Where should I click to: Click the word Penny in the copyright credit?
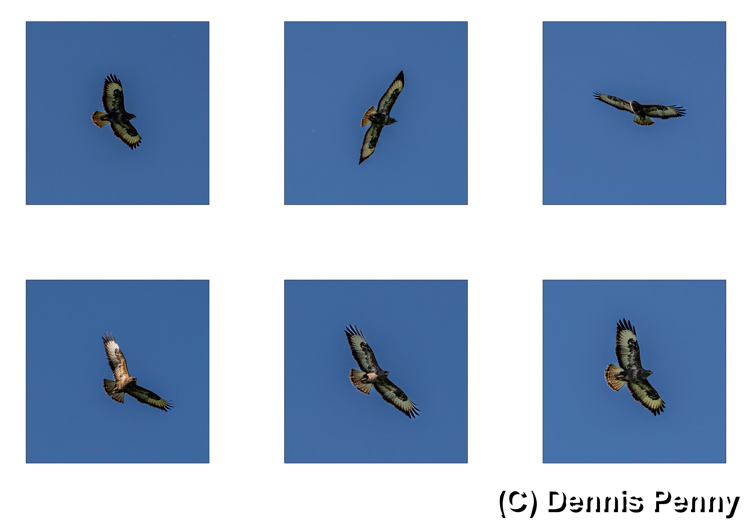click(697, 503)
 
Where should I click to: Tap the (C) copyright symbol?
click(518, 503)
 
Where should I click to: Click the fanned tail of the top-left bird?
click(99, 119)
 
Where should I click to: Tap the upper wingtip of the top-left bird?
click(112, 78)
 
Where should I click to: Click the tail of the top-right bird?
click(643, 121)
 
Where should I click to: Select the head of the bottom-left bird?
click(132, 381)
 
